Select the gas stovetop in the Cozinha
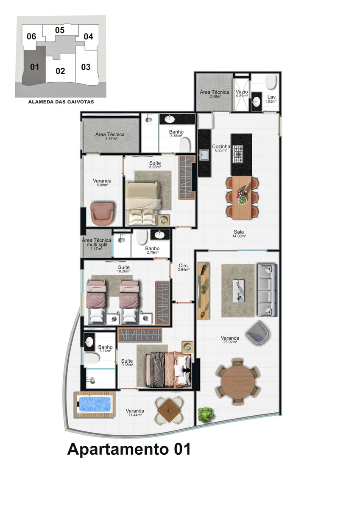coord(237,154)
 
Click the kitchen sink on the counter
coord(204,156)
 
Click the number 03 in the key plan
coord(86,67)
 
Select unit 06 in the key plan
coord(31,36)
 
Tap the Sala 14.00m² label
coord(239,233)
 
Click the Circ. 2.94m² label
coord(184,267)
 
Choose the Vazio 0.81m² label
coord(241,93)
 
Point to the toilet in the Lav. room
coord(271,82)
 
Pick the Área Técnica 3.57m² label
coord(110,136)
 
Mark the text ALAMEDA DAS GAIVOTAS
coord(61,102)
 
